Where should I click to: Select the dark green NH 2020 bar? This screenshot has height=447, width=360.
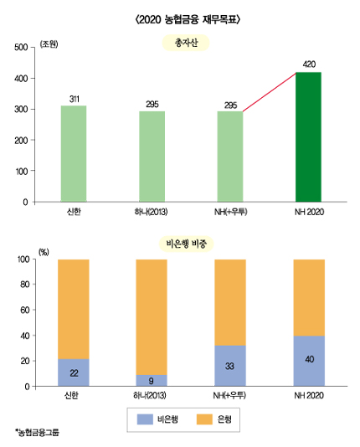(x=309, y=137)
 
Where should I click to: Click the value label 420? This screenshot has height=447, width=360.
(x=309, y=64)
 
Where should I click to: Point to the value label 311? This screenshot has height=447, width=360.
(x=73, y=99)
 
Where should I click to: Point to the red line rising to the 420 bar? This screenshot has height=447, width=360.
(x=270, y=93)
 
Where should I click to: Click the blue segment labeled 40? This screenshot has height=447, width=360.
(x=309, y=361)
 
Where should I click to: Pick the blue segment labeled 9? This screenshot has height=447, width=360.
(x=152, y=380)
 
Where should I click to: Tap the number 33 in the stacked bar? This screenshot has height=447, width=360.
(x=230, y=366)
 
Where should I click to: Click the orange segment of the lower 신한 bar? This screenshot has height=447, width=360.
(x=73, y=309)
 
